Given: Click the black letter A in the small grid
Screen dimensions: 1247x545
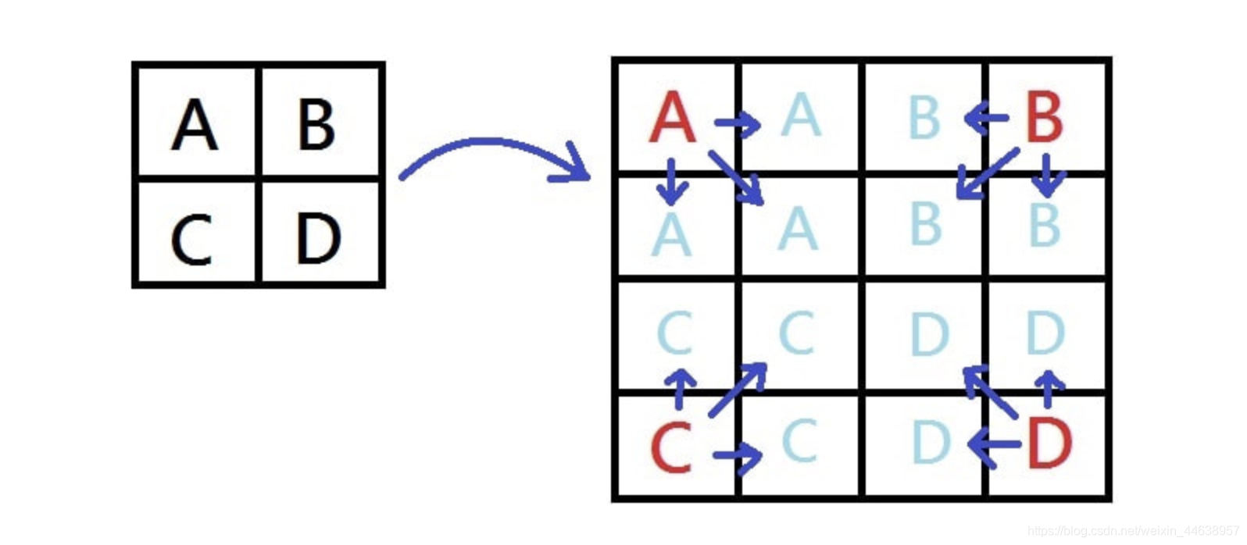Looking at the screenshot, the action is click(195, 125).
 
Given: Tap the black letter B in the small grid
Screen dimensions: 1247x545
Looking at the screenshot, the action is click(316, 125).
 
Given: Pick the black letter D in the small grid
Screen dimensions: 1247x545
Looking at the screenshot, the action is click(318, 237).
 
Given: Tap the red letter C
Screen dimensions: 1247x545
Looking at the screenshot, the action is click(671, 447).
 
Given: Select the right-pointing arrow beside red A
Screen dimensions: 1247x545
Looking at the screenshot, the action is click(738, 123).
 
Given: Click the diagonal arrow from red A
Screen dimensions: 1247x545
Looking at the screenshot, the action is click(736, 177).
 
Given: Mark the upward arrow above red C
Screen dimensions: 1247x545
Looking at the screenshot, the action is click(681, 388).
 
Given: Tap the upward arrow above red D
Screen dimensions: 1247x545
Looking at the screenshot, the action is click(1049, 388).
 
